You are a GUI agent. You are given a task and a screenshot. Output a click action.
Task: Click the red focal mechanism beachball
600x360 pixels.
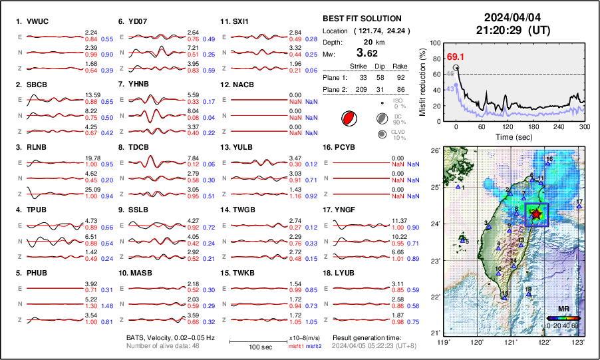[x=348, y=119]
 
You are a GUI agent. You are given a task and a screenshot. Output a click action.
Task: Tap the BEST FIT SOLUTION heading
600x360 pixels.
[x=361, y=19]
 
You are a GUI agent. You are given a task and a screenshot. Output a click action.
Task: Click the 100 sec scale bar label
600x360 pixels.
[x=249, y=347]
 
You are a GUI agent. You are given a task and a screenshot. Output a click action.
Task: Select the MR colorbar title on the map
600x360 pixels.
[x=562, y=309]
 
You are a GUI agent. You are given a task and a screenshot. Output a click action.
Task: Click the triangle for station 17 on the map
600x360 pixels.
[x=579, y=206]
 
